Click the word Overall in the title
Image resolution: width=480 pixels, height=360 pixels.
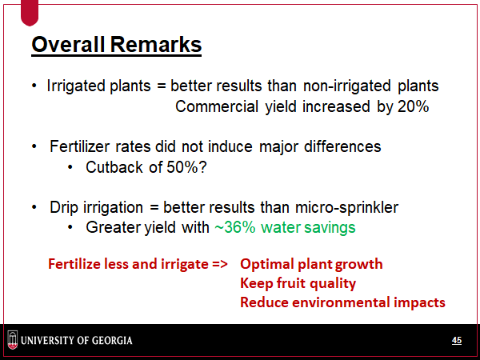[68, 44]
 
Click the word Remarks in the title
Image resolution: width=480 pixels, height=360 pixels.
[156, 44]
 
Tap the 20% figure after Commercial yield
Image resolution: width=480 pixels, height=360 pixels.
[414, 106]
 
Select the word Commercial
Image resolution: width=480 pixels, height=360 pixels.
[217, 106]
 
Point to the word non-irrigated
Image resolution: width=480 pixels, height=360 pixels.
[347, 86]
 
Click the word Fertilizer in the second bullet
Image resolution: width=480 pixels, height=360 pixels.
[79, 146]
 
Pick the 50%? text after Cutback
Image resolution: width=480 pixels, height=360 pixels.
[186, 167]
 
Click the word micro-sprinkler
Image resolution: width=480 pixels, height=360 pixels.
[347, 207]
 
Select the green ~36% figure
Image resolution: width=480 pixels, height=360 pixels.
[235, 227]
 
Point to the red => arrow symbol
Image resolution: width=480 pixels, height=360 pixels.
[220, 264]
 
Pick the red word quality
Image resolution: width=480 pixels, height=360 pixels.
[333, 283]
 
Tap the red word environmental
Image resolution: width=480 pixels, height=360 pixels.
[341, 302]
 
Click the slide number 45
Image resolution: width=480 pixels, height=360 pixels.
[457, 341]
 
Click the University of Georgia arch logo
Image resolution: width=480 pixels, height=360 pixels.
[13, 340]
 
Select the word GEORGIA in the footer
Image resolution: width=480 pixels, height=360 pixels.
[112, 341]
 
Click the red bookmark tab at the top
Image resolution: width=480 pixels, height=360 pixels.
[30, 13]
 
